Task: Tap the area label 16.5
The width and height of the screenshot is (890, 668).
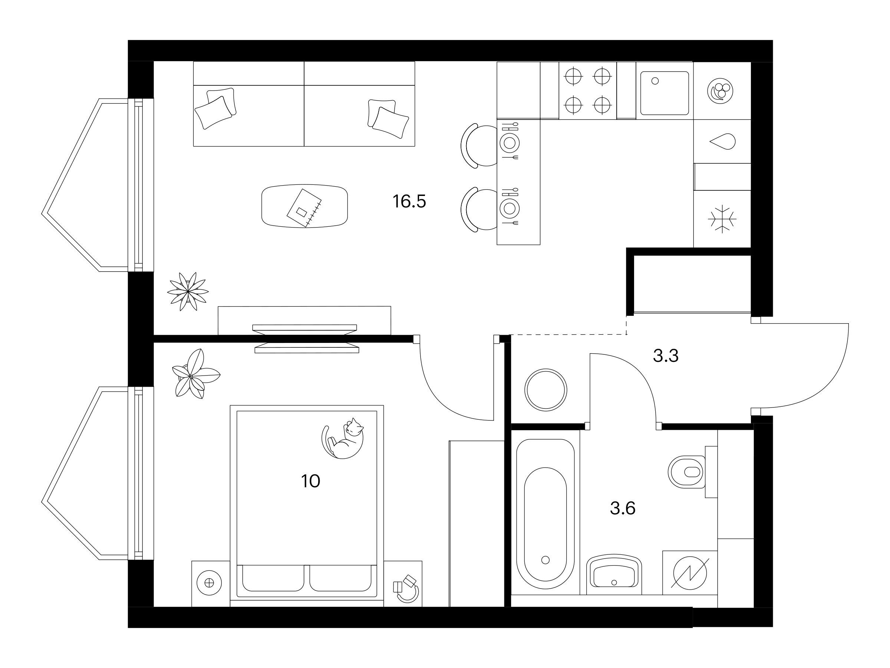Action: click(409, 201)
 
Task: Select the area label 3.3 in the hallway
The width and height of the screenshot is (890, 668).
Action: click(666, 356)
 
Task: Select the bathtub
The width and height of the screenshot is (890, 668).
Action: click(545, 515)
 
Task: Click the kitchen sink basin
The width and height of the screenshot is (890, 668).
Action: click(665, 93)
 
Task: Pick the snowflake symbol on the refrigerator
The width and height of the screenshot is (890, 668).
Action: click(722, 219)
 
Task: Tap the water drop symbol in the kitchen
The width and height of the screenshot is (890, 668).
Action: click(723, 142)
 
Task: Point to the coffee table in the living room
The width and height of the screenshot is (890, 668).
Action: click(304, 206)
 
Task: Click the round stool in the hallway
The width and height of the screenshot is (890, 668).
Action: click(546, 390)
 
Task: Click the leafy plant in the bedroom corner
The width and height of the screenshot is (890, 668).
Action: click(195, 374)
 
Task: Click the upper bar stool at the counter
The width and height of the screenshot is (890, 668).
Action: click(479, 145)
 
